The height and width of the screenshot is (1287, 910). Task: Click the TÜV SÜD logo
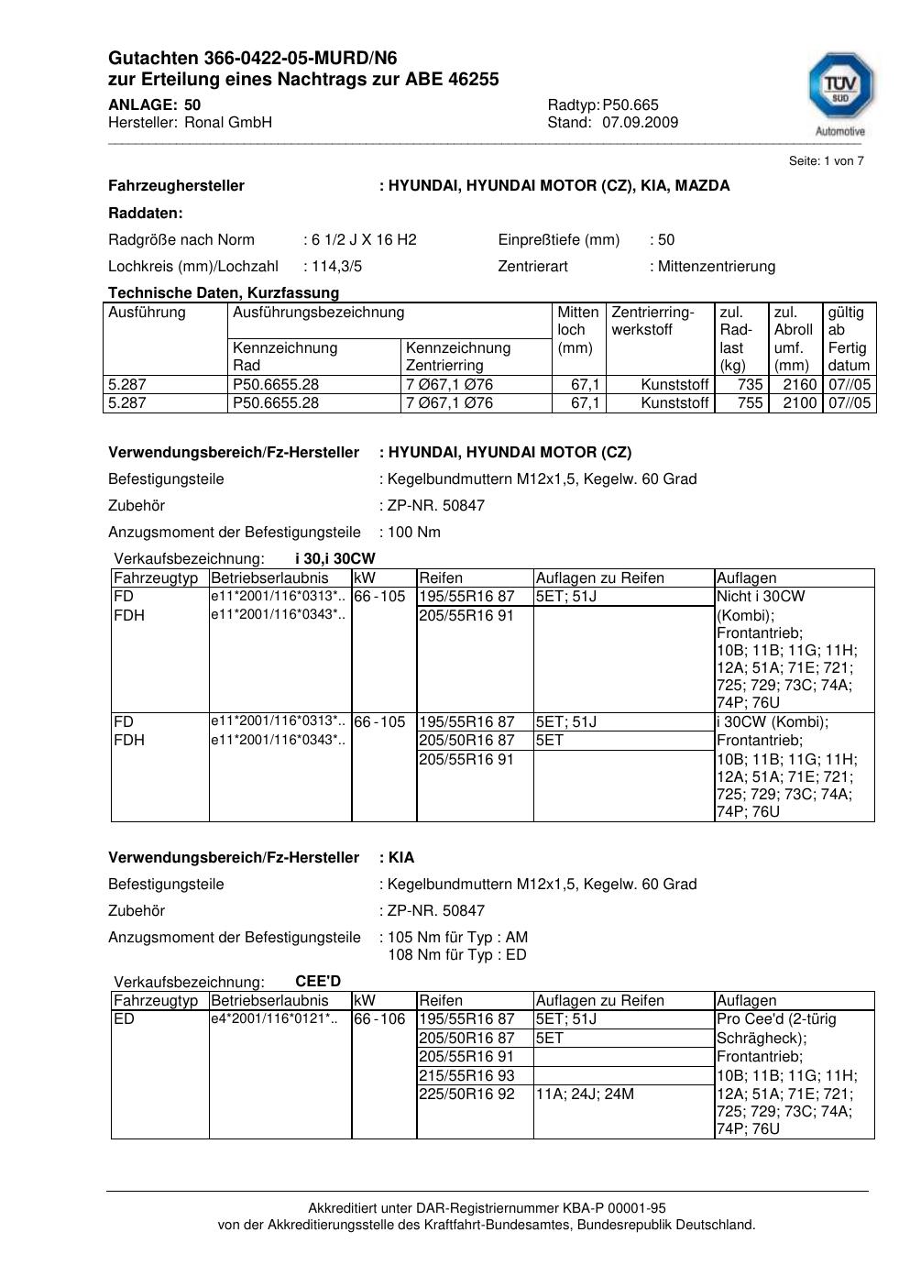(840, 88)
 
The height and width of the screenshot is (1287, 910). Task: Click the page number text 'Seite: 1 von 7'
(826, 161)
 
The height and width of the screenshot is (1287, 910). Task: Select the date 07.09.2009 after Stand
(640, 123)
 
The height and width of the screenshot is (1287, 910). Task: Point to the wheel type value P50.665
(630, 105)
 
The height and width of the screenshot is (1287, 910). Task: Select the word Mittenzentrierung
(716, 267)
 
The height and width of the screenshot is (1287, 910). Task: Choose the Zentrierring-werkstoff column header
(652, 321)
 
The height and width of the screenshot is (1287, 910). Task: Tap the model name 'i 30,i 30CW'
(334, 559)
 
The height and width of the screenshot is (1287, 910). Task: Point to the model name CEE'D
(318, 982)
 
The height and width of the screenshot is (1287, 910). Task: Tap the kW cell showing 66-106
(379, 1019)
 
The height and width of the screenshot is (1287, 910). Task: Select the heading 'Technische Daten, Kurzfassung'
(224, 293)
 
